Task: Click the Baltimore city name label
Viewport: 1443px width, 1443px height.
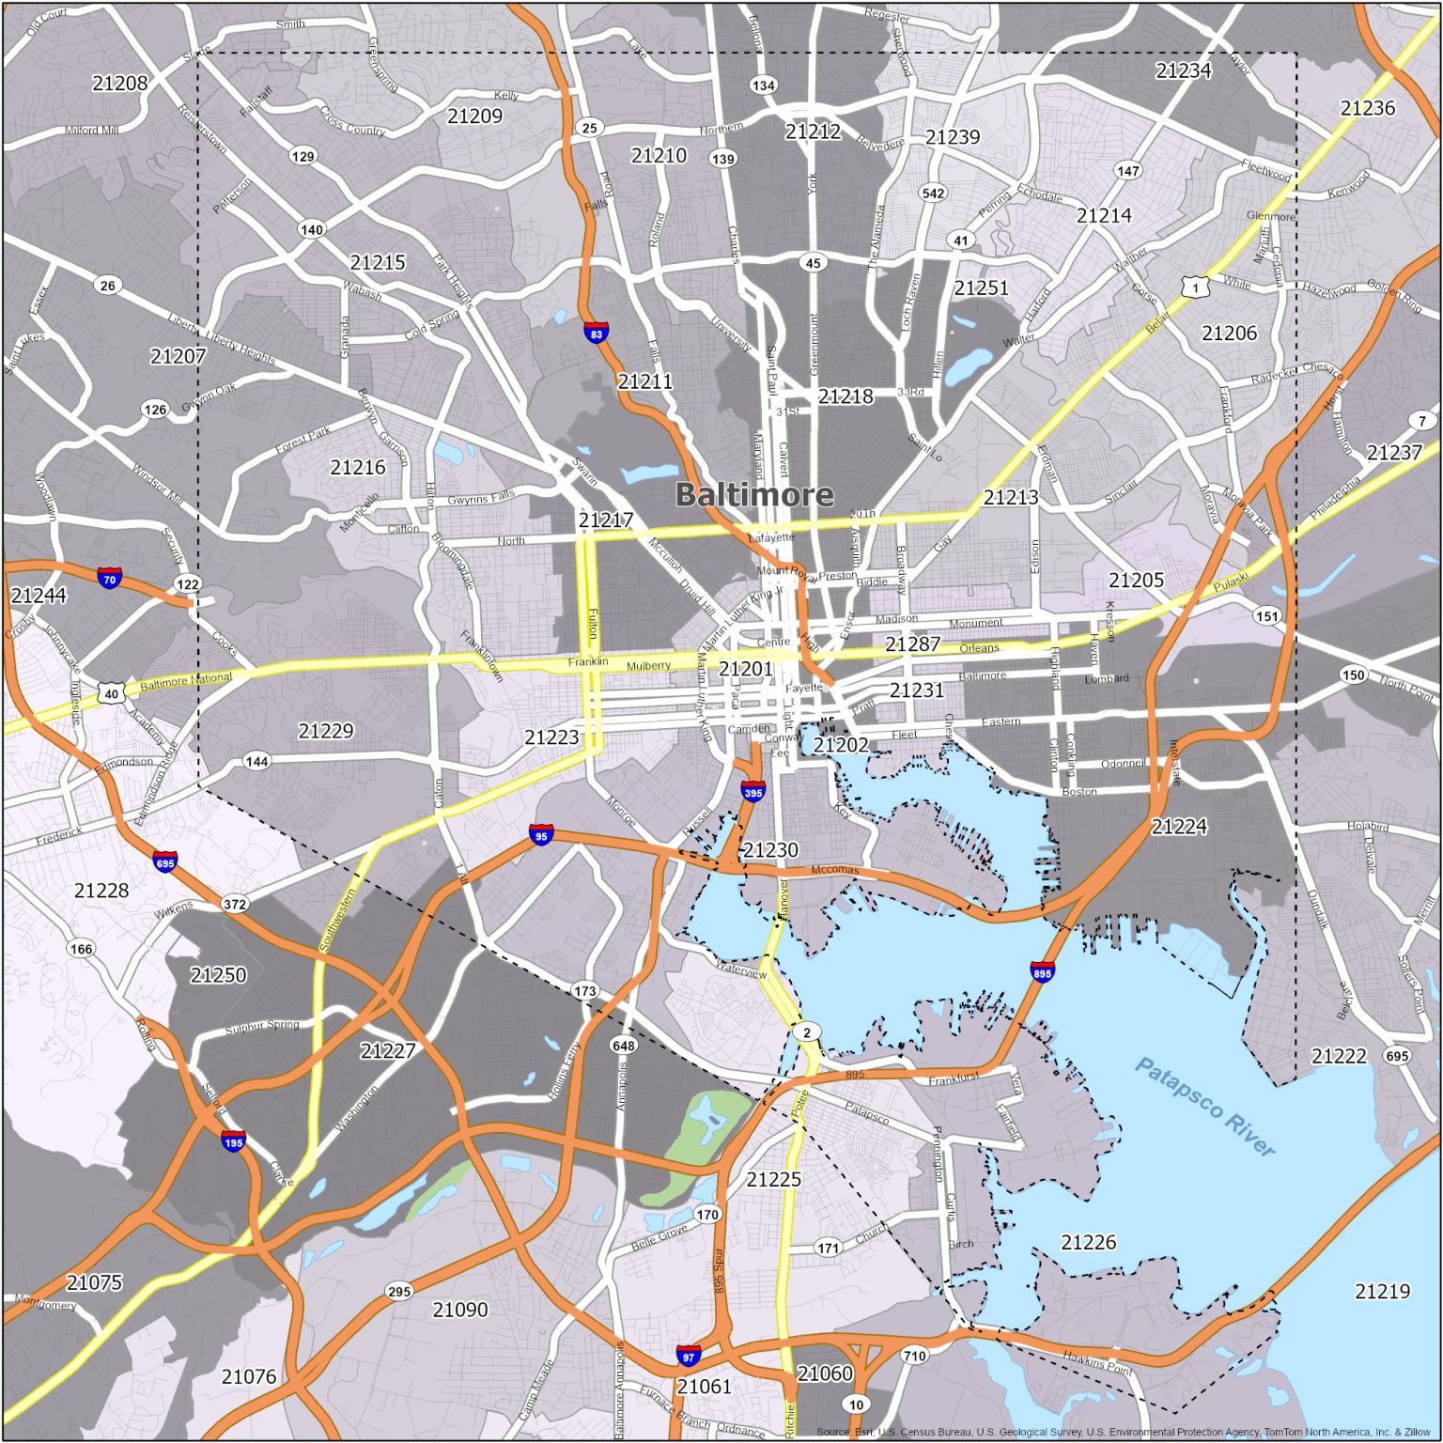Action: click(x=754, y=494)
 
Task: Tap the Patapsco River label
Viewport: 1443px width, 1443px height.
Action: click(x=1204, y=1107)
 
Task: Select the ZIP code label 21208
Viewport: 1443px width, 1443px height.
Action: click(x=120, y=84)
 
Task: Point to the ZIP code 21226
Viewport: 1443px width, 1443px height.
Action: click(x=1089, y=1242)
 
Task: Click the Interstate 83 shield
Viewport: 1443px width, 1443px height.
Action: click(x=596, y=332)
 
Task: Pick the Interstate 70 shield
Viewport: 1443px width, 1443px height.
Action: click(x=110, y=577)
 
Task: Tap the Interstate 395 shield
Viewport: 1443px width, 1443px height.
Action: click(x=753, y=791)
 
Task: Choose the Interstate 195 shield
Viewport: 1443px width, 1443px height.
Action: click(x=234, y=1141)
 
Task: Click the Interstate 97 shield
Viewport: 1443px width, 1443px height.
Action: click(x=689, y=1356)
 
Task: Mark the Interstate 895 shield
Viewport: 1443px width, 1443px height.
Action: click(x=1042, y=971)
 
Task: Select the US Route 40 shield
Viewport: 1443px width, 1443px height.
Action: click(x=111, y=693)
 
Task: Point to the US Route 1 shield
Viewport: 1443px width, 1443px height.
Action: click(x=1194, y=287)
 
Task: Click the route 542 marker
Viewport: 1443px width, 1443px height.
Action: click(x=933, y=194)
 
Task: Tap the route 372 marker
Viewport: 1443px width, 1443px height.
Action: click(x=235, y=904)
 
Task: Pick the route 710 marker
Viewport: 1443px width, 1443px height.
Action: click(x=914, y=1355)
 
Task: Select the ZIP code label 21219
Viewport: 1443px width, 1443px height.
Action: click(x=1382, y=1291)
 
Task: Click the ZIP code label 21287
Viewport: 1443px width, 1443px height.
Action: click(x=912, y=644)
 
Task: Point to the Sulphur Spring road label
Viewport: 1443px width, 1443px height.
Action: click(x=262, y=1026)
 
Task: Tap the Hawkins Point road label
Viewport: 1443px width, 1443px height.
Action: click(x=1097, y=1361)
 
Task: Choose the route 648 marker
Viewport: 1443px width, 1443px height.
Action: click(x=624, y=1045)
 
